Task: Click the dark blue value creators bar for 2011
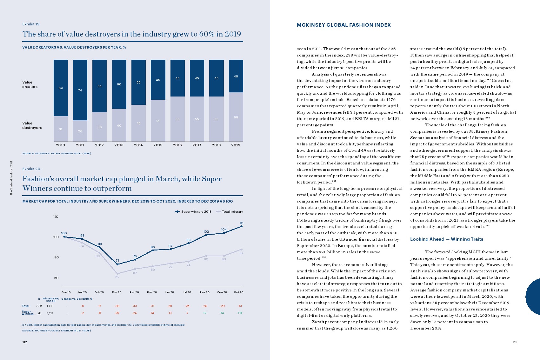click(80, 90)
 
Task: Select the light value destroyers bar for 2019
click(236, 117)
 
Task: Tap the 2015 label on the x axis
click(158, 145)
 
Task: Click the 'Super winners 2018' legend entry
click(193, 212)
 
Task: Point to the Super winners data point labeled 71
click(117, 264)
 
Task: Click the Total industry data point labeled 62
click(117, 274)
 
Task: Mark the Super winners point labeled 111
click(242, 226)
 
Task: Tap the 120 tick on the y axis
click(56, 217)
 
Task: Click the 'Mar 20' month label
click(117, 292)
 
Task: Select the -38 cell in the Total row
click(117, 306)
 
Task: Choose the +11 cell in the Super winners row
click(240, 313)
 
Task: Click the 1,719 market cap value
click(50, 306)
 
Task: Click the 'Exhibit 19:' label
click(31, 24)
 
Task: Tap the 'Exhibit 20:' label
click(32, 169)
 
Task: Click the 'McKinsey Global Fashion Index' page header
click(344, 25)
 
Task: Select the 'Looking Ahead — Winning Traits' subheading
click(447, 239)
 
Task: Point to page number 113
click(515, 342)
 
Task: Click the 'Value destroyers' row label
click(32, 125)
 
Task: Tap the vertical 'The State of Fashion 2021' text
click(11, 178)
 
